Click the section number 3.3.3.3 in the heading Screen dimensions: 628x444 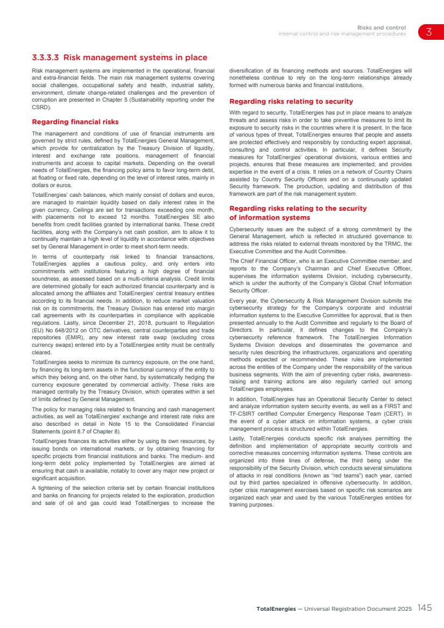pyautogui.click(x=45, y=58)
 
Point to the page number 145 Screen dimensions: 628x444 pyautogui.click(x=424, y=608)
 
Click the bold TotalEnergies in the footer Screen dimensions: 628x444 pyautogui.click(x=276, y=609)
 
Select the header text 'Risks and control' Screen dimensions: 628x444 pyautogui.click(x=381, y=27)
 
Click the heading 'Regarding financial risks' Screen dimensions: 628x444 pyautogui.click(x=75, y=122)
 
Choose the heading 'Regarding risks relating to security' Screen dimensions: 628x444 pyautogui.click(x=291, y=101)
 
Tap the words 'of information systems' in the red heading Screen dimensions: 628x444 pyautogui.click(x=270, y=218)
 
